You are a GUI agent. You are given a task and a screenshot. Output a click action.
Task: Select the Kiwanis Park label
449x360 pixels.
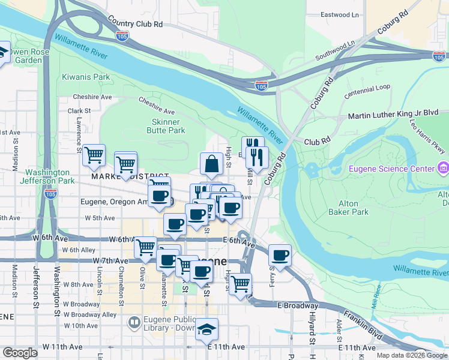(x=86, y=77)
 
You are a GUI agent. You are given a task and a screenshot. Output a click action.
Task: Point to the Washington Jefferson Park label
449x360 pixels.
(x=47, y=176)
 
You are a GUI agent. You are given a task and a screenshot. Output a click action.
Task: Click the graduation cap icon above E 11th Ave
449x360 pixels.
(x=206, y=329)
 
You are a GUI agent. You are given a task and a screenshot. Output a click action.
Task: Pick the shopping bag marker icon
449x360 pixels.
(x=212, y=163)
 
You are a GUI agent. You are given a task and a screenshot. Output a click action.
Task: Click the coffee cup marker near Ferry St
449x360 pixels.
(x=280, y=255)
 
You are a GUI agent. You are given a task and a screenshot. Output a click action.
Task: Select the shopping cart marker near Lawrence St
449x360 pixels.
(x=94, y=155)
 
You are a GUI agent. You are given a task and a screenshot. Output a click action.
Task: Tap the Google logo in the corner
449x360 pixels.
(x=20, y=353)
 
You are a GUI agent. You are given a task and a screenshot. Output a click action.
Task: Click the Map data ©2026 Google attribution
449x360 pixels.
(x=412, y=355)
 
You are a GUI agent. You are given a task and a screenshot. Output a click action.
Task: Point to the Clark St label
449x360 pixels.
(x=79, y=111)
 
